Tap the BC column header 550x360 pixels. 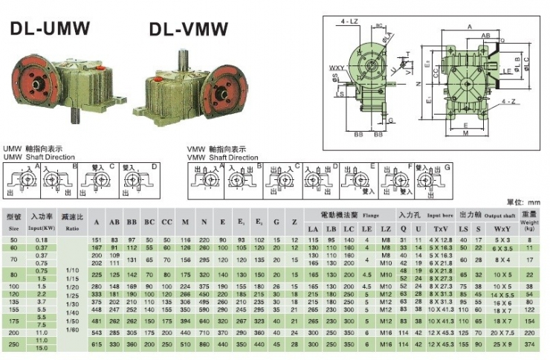150,222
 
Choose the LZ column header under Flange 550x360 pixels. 386,228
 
